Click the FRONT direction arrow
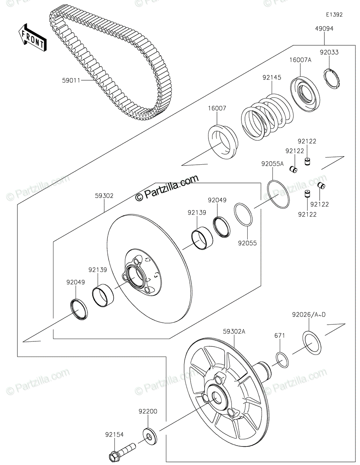33,37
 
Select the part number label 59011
71,81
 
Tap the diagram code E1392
334,15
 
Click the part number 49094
324,29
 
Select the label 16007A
300,60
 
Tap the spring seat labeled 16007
222,142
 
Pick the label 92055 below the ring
247,243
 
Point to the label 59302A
234,331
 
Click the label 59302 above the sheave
104,196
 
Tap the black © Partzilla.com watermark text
167,188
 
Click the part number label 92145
272,77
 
